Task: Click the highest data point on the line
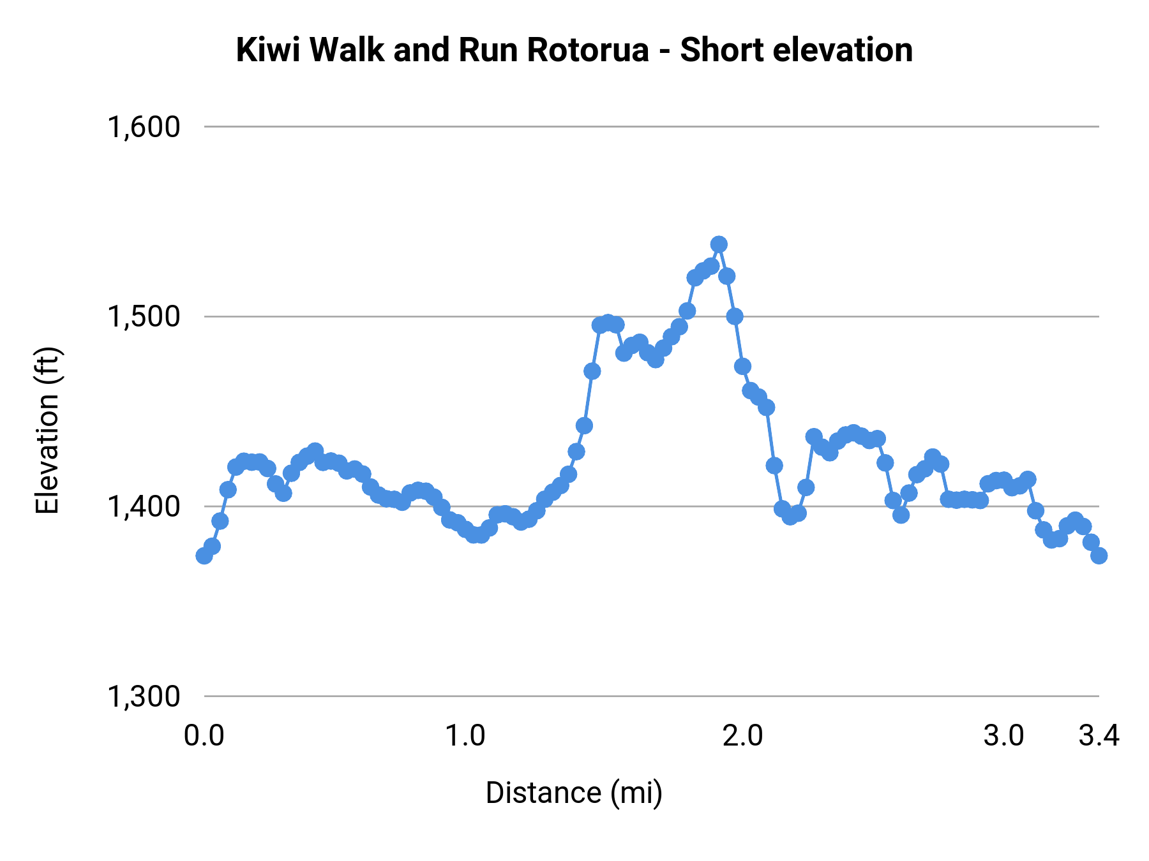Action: pos(719,244)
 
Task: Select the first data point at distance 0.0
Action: pos(204,556)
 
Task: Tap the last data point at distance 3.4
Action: pos(1099,556)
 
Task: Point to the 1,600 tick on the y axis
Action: pos(144,127)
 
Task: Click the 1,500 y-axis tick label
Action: pos(144,316)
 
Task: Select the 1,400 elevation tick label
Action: pos(144,506)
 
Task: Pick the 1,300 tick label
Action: pos(144,696)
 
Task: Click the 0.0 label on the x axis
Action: pos(204,736)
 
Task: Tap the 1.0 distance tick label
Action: pos(465,736)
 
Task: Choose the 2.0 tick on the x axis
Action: pos(743,736)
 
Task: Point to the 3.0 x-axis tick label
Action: pos(1003,736)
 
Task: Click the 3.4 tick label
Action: pos(1099,736)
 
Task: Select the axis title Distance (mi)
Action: pos(574,793)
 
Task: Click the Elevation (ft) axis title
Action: pos(47,430)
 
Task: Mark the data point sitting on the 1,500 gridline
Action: pos(735,316)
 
